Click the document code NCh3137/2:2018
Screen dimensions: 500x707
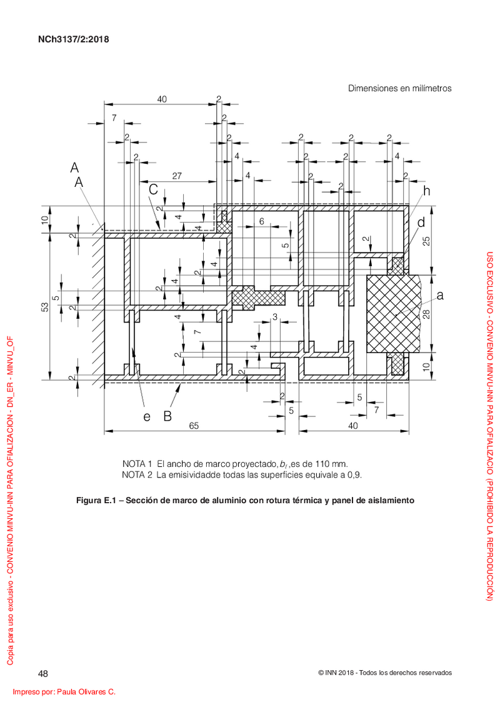coord(74,39)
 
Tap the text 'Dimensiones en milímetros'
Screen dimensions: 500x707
coord(399,88)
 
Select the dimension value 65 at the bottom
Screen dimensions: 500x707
coord(194,425)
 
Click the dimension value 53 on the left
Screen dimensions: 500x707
coord(45,306)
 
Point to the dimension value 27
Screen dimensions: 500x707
coord(177,176)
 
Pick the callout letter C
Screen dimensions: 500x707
coord(153,190)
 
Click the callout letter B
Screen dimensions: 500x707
coord(167,416)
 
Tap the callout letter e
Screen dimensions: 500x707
coord(146,416)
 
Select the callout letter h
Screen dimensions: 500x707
coord(426,191)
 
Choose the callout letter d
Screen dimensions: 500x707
coord(421,223)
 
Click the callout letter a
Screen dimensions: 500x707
coord(440,295)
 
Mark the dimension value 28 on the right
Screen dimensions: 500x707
coord(427,313)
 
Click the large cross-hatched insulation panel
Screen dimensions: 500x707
coord(392,314)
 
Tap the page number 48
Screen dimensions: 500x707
coord(43,674)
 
